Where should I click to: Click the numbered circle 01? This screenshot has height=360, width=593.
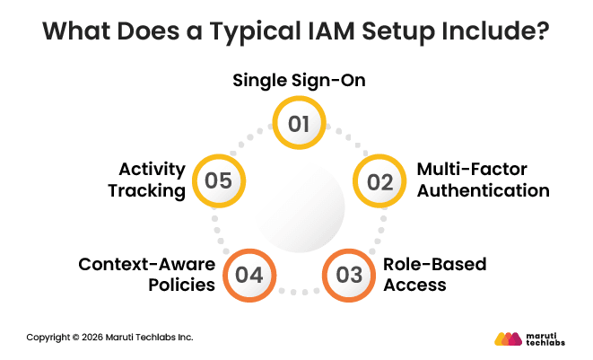(x=299, y=122)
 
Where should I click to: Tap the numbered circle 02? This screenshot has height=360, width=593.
(x=379, y=181)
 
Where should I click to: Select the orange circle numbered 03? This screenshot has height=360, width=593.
(x=349, y=275)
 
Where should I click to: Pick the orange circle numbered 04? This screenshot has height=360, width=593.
(x=249, y=275)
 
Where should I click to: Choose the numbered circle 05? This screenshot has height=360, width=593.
(x=218, y=180)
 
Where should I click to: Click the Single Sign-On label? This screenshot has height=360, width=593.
(x=299, y=80)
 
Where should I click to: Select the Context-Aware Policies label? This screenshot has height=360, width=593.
(x=147, y=275)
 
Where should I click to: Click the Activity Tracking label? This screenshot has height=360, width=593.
(x=153, y=180)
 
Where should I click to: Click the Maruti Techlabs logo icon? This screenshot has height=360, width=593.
(x=510, y=338)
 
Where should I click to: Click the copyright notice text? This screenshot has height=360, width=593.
(x=109, y=338)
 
